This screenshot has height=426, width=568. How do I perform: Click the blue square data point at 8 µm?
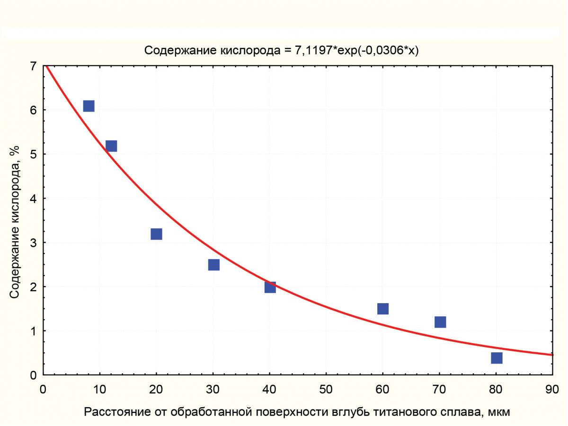(x=89, y=106)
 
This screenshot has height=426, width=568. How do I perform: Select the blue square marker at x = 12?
(x=111, y=146)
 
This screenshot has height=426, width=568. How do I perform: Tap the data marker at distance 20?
(x=156, y=234)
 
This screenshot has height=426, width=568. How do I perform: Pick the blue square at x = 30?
(x=213, y=264)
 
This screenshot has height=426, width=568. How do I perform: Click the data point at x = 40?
(x=270, y=287)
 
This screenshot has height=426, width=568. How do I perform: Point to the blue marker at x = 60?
(x=383, y=309)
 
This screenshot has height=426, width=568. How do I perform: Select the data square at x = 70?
(x=440, y=322)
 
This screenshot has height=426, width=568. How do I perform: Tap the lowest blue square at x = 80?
(x=497, y=358)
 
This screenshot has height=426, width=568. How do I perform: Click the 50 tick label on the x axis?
(x=326, y=390)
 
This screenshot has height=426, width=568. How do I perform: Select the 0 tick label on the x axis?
(x=43, y=390)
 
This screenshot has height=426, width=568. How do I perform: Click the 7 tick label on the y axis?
(x=33, y=66)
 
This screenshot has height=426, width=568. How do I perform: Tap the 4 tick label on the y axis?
(x=33, y=199)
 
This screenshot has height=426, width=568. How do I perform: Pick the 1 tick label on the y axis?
(x=33, y=331)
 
